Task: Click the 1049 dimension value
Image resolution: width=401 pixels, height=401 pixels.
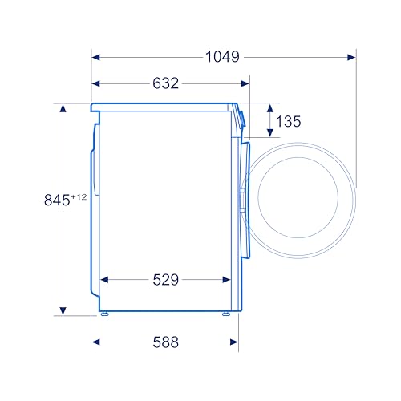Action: click(222, 57)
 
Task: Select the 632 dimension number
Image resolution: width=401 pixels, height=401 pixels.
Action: click(165, 83)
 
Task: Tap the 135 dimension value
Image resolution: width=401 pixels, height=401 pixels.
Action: click(288, 121)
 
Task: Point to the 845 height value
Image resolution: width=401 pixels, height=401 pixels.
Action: click(57, 200)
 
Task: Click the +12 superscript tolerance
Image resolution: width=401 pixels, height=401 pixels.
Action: click(79, 197)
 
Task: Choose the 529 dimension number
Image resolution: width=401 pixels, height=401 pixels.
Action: click(165, 280)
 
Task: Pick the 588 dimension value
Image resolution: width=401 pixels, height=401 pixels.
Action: click(165, 342)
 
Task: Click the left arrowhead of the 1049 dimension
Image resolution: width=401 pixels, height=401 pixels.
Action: click(95, 57)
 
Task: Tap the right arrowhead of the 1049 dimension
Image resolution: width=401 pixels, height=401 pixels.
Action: click(351, 57)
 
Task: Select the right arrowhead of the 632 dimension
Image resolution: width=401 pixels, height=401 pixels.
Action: click(245, 83)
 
